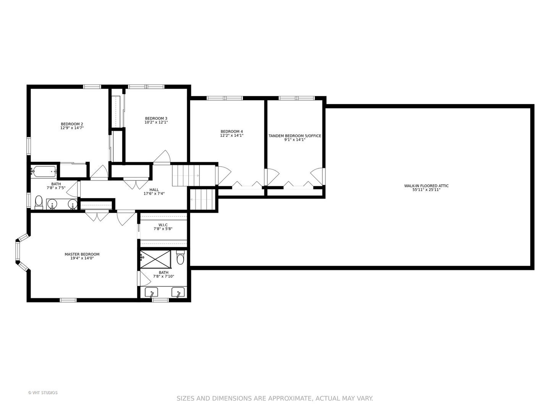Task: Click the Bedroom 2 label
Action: pos(72,124)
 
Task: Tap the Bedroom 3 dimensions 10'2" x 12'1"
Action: pos(156,122)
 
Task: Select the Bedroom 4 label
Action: pos(231,132)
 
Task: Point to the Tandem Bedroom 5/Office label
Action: pos(294,136)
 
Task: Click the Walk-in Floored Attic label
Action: pos(426,186)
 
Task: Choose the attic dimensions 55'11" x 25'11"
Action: pos(426,190)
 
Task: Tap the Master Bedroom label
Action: pos(82,254)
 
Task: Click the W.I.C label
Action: pos(163,225)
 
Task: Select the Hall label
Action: pos(154,190)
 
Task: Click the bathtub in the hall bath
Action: pos(44,172)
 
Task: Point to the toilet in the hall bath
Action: pos(39,202)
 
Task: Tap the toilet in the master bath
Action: pos(180,257)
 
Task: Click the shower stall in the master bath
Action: pos(155,260)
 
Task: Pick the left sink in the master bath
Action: pos(151,293)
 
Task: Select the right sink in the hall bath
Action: pos(73,203)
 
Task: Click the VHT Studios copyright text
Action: pos(43,393)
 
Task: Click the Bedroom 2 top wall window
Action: pos(92,87)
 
